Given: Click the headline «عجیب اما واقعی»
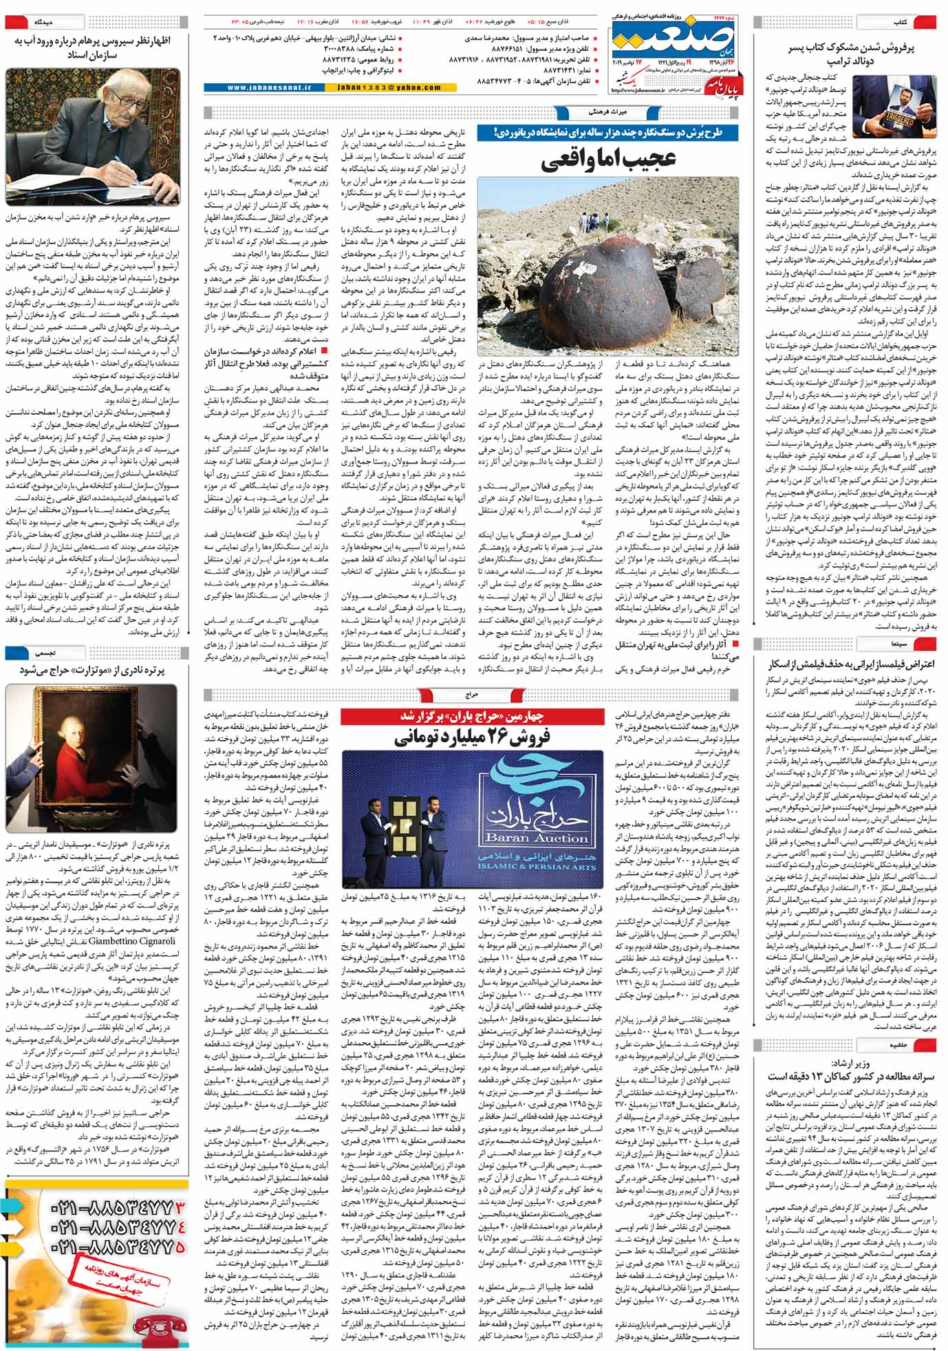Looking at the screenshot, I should point(608,160).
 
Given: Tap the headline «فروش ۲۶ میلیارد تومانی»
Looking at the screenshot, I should point(473,738).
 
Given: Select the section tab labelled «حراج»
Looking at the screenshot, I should point(472,696).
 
